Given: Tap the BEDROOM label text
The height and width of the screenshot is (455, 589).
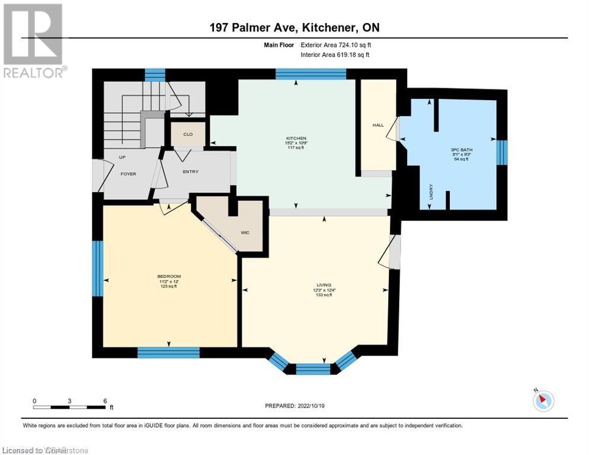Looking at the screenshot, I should (x=168, y=277).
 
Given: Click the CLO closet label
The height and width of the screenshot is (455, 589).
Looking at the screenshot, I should (x=187, y=134).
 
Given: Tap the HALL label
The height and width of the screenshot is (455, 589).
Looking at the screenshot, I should (x=378, y=126).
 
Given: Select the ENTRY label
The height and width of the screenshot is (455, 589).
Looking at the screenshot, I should (x=191, y=172).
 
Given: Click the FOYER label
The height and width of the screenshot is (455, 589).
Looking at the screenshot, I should (x=129, y=174).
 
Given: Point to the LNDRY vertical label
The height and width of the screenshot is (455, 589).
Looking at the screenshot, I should (x=430, y=193).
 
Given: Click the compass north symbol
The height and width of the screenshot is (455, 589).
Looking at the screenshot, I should (x=543, y=401).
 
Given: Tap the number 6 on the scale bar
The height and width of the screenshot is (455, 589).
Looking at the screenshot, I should (x=105, y=401).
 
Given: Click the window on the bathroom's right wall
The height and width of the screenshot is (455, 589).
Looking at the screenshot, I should (x=502, y=152).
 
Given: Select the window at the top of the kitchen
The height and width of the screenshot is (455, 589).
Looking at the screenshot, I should (x=310, y=74).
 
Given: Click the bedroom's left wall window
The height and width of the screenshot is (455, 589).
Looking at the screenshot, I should (x=98, y=268).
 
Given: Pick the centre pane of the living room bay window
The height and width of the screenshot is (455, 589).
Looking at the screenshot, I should (x=313, y=369).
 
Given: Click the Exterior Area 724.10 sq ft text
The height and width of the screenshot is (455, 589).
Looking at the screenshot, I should (x=337, y=44).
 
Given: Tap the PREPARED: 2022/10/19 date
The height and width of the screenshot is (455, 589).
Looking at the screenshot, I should (x=294, y=406).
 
